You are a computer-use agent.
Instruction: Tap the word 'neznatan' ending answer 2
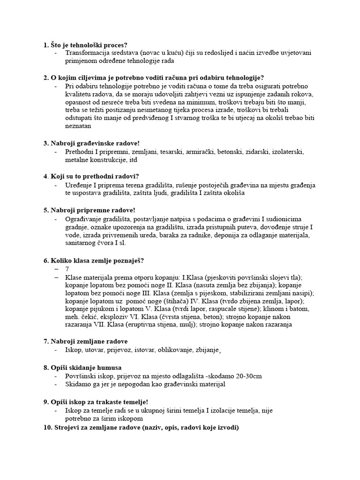(78, 126)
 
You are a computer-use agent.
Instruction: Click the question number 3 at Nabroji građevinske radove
(45, 143)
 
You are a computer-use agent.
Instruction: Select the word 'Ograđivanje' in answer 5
(84, 219)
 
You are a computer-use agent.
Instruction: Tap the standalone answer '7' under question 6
(67, 269)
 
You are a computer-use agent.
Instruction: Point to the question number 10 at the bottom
(47, 427)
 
